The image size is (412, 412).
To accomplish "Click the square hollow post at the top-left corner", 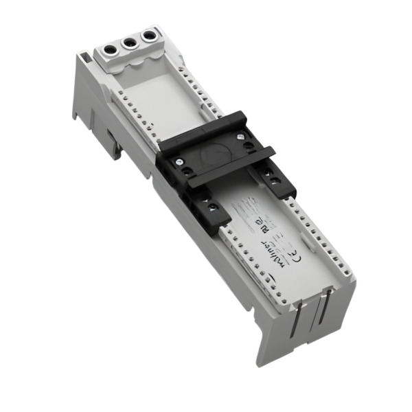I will [x=82, y=54].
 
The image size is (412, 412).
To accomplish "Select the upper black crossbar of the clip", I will [x=206, y=127].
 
